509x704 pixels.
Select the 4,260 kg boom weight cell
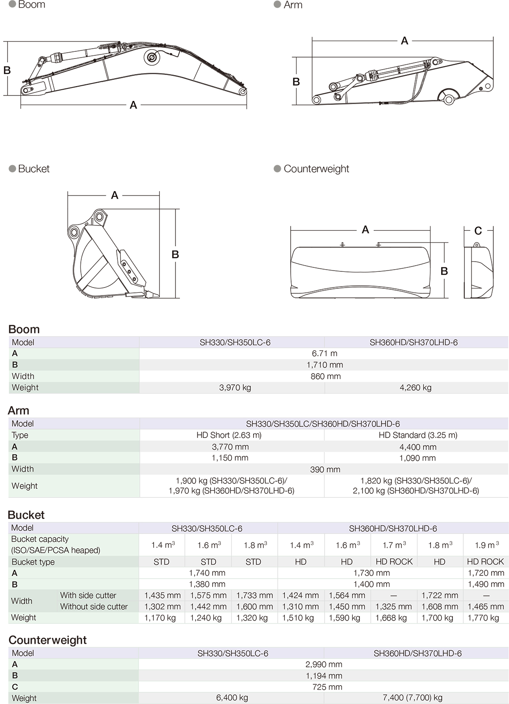415,387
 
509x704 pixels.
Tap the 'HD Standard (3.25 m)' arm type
417,435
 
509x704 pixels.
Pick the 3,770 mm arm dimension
230,447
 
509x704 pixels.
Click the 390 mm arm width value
325,470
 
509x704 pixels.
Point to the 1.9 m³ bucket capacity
486,545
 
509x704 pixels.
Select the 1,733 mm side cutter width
254,596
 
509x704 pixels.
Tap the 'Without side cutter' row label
94,607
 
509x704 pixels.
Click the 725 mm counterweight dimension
327,687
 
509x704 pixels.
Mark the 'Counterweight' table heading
47,640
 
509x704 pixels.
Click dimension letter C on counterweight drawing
478,231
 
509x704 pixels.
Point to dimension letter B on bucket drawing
175,254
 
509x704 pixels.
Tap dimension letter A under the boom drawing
133,105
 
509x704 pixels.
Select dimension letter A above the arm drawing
405,41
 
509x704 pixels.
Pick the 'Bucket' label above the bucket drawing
33,169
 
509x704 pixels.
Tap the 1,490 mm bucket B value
485,584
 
